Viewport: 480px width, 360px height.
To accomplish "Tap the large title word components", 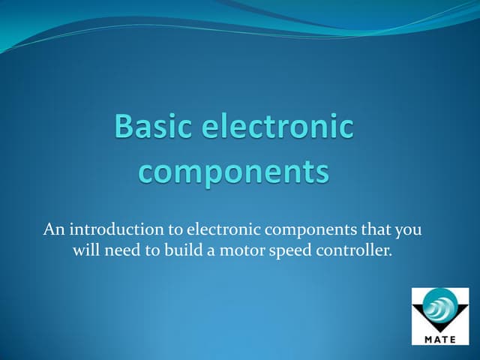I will coord(235,172).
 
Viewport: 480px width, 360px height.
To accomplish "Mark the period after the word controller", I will coord(391,256).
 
